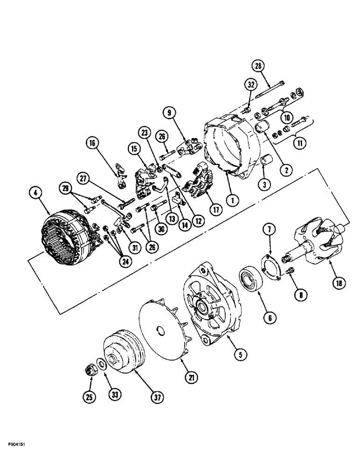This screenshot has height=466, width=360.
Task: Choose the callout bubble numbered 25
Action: click(x=89, y=397)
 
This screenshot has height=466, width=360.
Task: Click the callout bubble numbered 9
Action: click(x=169, y=112)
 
